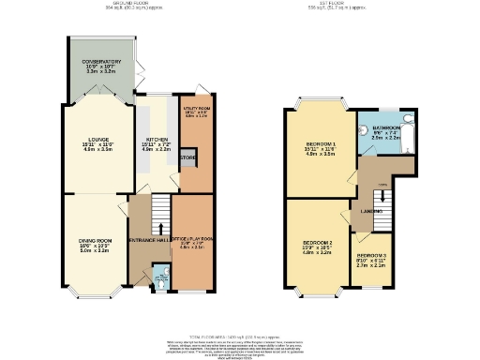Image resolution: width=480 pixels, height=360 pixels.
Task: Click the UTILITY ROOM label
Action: pos(195,110)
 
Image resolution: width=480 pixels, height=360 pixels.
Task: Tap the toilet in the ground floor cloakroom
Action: pos(159,278)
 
